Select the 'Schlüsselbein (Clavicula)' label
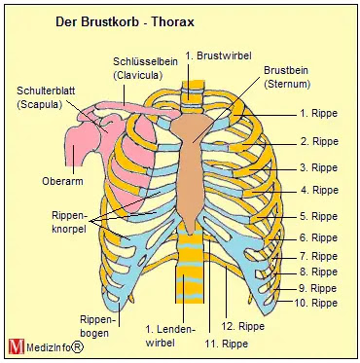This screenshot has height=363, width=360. point(145,68)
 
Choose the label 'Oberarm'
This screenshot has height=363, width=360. point(61,179)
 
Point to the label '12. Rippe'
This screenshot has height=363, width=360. point(244,325)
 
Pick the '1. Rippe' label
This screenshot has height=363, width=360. point(318,114)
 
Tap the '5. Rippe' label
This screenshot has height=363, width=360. point(318,216)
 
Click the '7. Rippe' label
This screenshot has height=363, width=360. point(318,256)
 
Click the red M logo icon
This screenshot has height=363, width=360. point(16,345)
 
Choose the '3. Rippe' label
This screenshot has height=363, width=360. point(318,167)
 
